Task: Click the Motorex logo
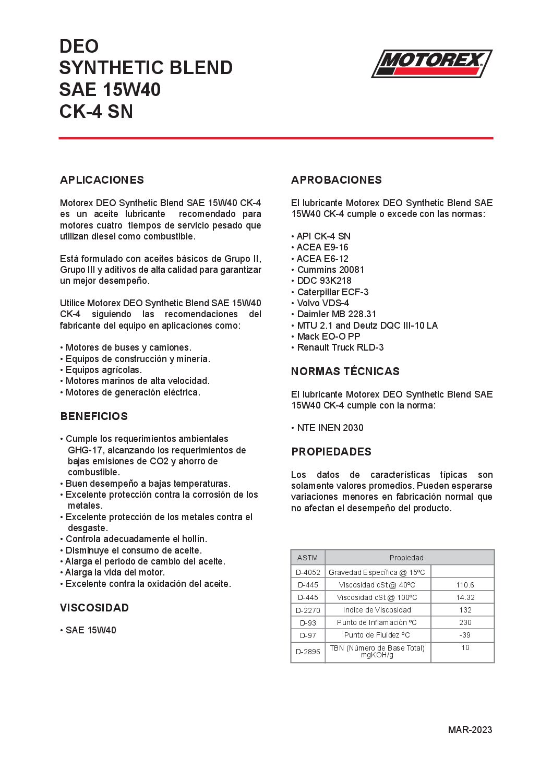pos(431,64)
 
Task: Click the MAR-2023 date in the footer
pos(470,729)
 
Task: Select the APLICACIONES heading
pos(102,180)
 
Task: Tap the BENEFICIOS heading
pos(94,416)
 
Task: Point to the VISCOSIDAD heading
pos(94,608)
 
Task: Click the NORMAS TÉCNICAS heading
pos(345,371)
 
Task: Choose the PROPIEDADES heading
pos(331,452)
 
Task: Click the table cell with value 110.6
pos(465,585)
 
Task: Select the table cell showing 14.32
pos(465,598)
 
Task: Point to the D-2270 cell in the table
pos(308,610)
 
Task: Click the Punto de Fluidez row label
pos(377,635)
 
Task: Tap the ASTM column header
pos(307,558)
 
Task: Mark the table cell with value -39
pos(465,635)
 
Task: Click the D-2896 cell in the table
pos(308,652)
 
